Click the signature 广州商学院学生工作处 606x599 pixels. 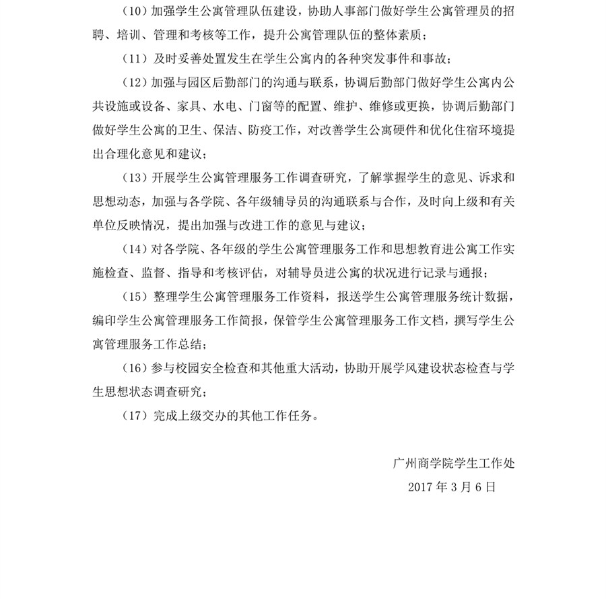point(454,463)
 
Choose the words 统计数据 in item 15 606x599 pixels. point(486,297)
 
